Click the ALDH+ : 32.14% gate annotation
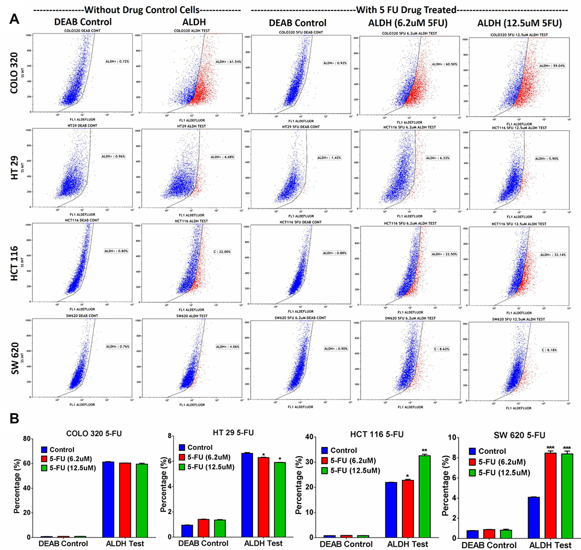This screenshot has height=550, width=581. tap(552, 254)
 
